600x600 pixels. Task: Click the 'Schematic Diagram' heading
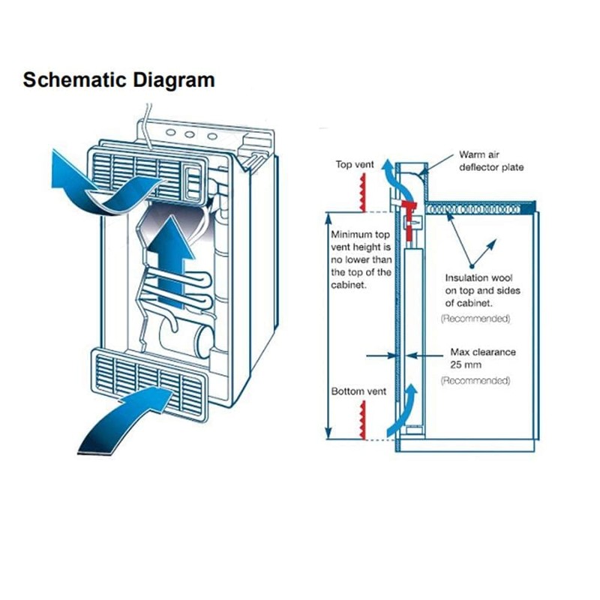pos(118,80)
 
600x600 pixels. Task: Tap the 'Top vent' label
pos(355,164)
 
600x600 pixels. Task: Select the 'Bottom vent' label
pos(358,391)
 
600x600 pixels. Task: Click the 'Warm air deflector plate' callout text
pos(491,161)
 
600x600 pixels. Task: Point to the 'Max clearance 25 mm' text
pos(483,358)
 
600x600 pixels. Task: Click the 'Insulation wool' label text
pos(478,277)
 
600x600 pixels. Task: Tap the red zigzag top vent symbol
pos(363,193)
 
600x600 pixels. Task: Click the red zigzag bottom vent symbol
pos(362,420)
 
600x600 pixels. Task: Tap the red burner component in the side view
pos(410,218)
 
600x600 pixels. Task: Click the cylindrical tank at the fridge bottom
pos(187,339)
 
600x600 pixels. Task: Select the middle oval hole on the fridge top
pos(190,135)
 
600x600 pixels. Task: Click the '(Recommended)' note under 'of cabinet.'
pos(475,319)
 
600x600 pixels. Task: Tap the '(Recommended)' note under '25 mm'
pos(475,381)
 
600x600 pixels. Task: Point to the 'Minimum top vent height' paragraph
pos(361,259)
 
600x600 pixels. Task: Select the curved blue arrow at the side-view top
pos(398,183)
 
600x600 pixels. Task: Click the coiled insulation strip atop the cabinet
pos(473,209)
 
